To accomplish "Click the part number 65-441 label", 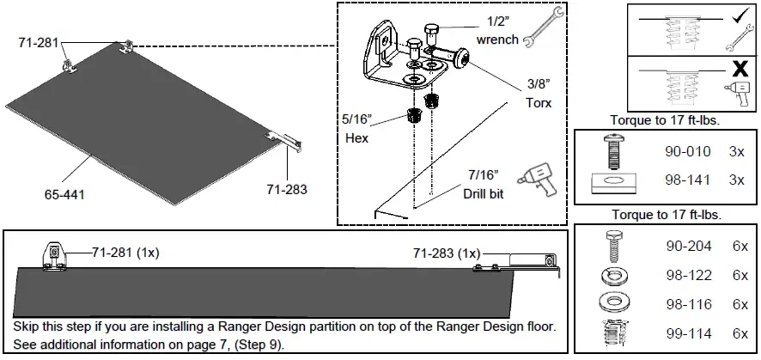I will click(64, 195).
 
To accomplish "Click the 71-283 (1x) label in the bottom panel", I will click(446, 253).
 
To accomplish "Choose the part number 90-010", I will click(688, 151).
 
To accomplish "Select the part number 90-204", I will click(688, 247).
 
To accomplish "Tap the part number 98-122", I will click(688, 275).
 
